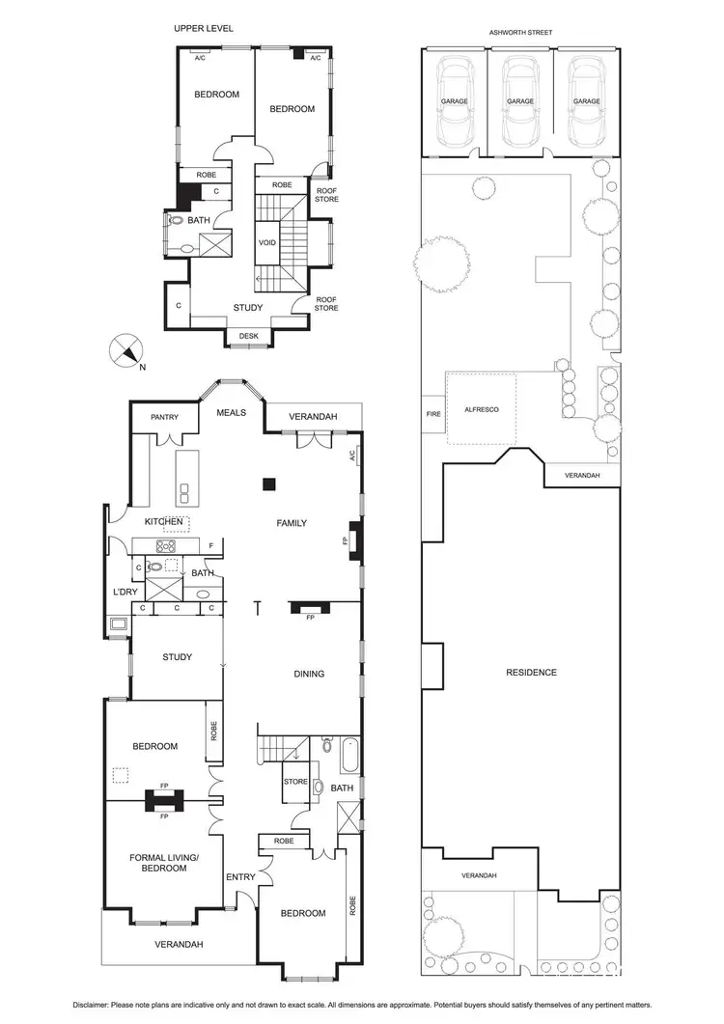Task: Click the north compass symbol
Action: (x=126, y=349)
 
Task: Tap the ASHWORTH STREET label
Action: (x=520, y=32)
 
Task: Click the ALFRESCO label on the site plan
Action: (x=482, y=410)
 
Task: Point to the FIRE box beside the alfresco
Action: (x=433, y=414)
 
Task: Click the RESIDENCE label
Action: (x=531, y=672)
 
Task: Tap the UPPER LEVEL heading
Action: (x=204, y=29)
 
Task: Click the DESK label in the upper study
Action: (x=248, y=337)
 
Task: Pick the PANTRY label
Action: (x=166, y=417)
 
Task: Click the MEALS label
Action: (x=231, y=412)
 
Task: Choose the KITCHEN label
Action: (x=164, y=521)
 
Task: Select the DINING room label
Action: (x=309, y=674)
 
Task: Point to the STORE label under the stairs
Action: (x=295, y=782)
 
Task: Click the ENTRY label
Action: (x=239, y=876)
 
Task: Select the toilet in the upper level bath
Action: (x=176, y=220)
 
